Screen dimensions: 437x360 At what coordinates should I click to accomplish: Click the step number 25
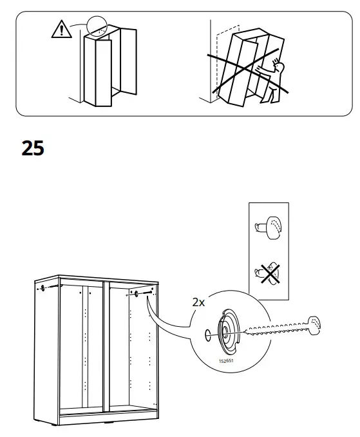(33, 148)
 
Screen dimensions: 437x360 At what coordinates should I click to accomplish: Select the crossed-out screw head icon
(268, 275)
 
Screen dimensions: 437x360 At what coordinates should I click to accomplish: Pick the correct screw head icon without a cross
(268, 228)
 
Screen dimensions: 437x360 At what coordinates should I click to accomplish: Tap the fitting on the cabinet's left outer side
(43, 287)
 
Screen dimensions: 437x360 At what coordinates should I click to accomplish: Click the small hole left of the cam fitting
(207, 335)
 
